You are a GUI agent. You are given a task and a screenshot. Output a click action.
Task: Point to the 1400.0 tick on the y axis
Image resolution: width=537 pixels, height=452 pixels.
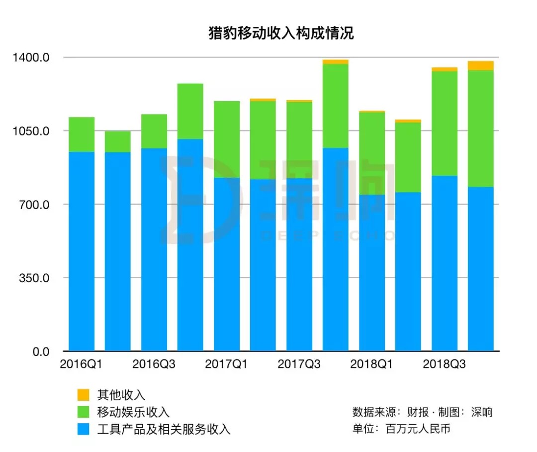tap(31, 57)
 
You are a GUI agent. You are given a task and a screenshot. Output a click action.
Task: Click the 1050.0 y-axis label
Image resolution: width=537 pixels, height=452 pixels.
tap(31, 131)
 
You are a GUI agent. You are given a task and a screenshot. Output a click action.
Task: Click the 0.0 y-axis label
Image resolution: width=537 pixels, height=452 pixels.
tap(40, 351)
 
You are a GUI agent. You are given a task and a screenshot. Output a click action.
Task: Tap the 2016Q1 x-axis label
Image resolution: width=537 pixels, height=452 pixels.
tap(81, 364)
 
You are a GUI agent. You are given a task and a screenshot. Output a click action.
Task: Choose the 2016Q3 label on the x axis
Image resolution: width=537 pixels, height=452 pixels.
tap(154, 364)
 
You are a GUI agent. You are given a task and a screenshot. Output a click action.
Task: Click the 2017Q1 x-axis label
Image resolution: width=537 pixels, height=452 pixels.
tap(226, 364)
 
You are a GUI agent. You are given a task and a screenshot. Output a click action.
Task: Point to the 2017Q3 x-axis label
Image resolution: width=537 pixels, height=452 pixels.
tap(299, 364)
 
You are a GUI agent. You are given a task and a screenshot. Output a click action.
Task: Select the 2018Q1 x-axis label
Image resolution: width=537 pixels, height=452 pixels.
tap(371, 364)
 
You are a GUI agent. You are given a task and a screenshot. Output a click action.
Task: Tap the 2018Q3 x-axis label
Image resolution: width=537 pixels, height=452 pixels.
tap(444, 364)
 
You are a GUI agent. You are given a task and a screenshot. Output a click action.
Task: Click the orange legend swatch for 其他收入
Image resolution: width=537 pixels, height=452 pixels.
tap(84, 395)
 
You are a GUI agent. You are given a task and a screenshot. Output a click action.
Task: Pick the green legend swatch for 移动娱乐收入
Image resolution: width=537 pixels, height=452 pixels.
tap(84, 412)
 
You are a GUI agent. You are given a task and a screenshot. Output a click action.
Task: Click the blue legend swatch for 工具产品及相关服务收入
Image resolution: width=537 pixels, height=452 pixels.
tap(84, 429)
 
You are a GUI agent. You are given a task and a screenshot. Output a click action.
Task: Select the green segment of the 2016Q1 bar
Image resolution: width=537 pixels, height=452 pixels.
tap(82, 134)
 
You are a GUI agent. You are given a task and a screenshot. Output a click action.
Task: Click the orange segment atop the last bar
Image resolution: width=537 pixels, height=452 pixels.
tap(481, 66)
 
